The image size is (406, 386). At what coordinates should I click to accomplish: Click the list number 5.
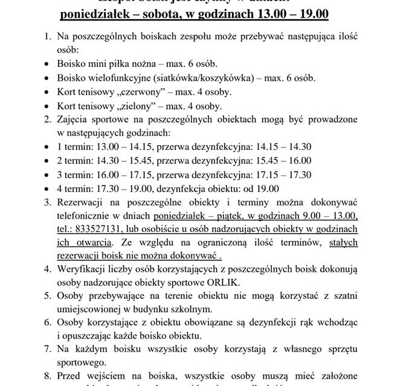47,296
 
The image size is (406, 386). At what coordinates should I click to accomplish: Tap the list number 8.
47,375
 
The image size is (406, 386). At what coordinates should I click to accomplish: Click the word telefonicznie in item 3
87,216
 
